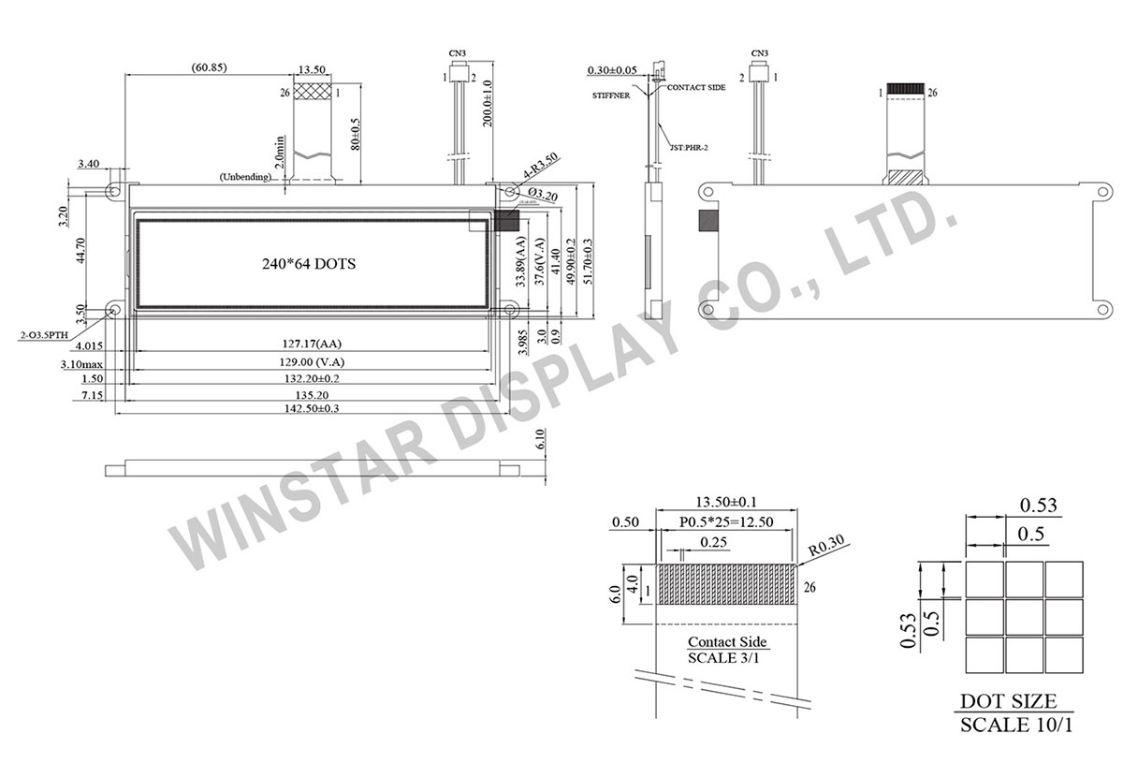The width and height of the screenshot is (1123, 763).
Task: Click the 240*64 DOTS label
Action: tap(309, 264)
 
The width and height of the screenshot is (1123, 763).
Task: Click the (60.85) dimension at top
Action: tap(207, 67)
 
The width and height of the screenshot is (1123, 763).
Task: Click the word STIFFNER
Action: tap(610, 95)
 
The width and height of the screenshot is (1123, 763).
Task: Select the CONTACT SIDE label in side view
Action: tap(696, 86)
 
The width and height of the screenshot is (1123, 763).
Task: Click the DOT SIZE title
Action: tap(1008, 701)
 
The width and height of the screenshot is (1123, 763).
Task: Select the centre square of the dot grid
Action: tap(1025, 615)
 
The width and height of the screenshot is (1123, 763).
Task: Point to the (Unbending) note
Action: tap(245, 177)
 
